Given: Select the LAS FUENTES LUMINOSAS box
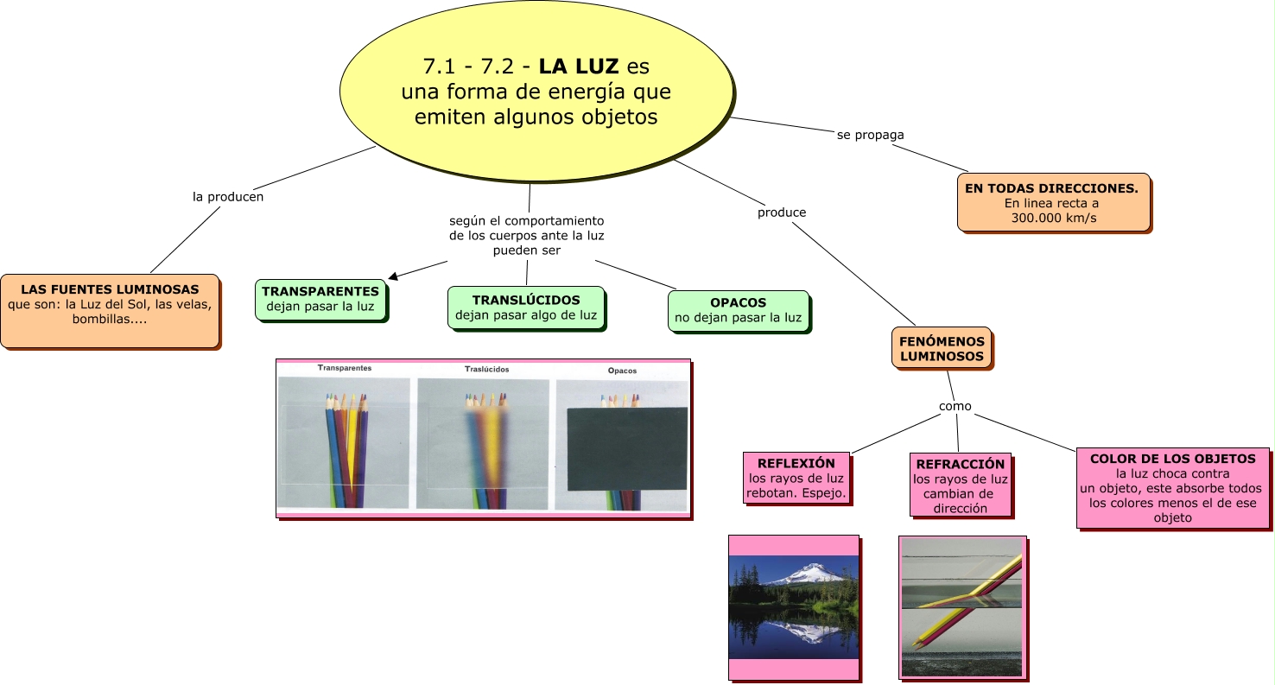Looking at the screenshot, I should (110, 311).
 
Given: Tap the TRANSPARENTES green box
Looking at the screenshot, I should (320, 299).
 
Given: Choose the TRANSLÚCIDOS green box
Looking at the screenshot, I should (526, 308).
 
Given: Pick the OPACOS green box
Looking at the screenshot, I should (738, 311).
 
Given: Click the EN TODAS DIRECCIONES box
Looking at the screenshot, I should (1053, 202).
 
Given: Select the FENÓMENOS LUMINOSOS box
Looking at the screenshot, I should (942, 348).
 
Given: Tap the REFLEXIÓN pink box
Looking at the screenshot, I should (796, 478).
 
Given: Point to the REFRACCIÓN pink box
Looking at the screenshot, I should (960, 485).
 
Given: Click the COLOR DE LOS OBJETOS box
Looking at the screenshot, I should (1172, 488).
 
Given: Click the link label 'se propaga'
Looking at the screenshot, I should (870, 135).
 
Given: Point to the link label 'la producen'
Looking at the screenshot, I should (228, 197).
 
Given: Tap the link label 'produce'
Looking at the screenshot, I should (782, 212).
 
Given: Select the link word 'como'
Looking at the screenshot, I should (955, 406).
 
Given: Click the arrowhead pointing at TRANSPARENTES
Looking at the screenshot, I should (393, 276).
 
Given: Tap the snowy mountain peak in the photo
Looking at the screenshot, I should (810, 572).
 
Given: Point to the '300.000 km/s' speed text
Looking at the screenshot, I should (1053, 218).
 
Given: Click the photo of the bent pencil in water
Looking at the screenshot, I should (962, 608).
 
